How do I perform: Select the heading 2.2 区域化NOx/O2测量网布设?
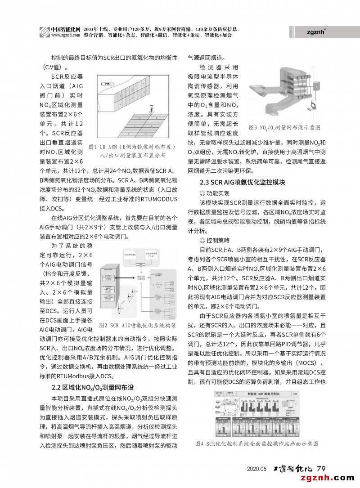click(93, 387)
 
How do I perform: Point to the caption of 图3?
click(284, 128)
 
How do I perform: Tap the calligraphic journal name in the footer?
click(292, 468)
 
